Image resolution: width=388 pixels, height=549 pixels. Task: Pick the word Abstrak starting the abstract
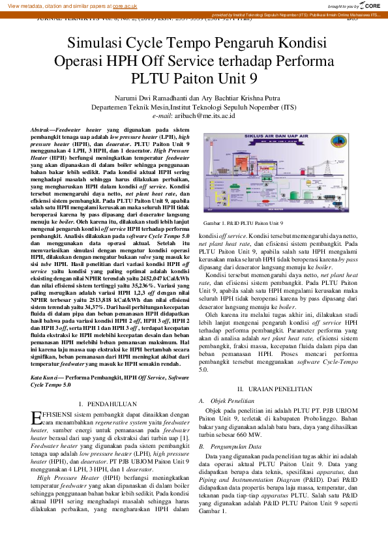click(x=42, y=131)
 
